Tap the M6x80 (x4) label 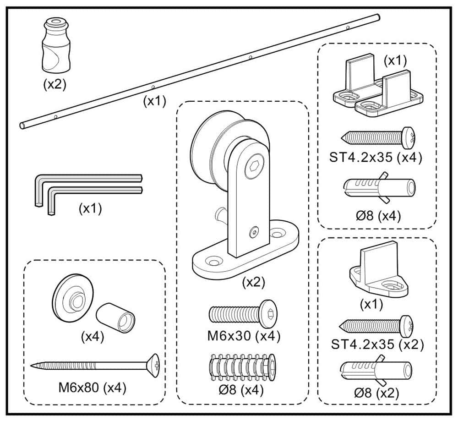click(93, 387)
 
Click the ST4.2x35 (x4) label click(376, 158)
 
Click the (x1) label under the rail click(154, 101)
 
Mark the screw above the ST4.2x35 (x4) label click(378, 136)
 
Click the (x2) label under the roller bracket click(253, 282)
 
